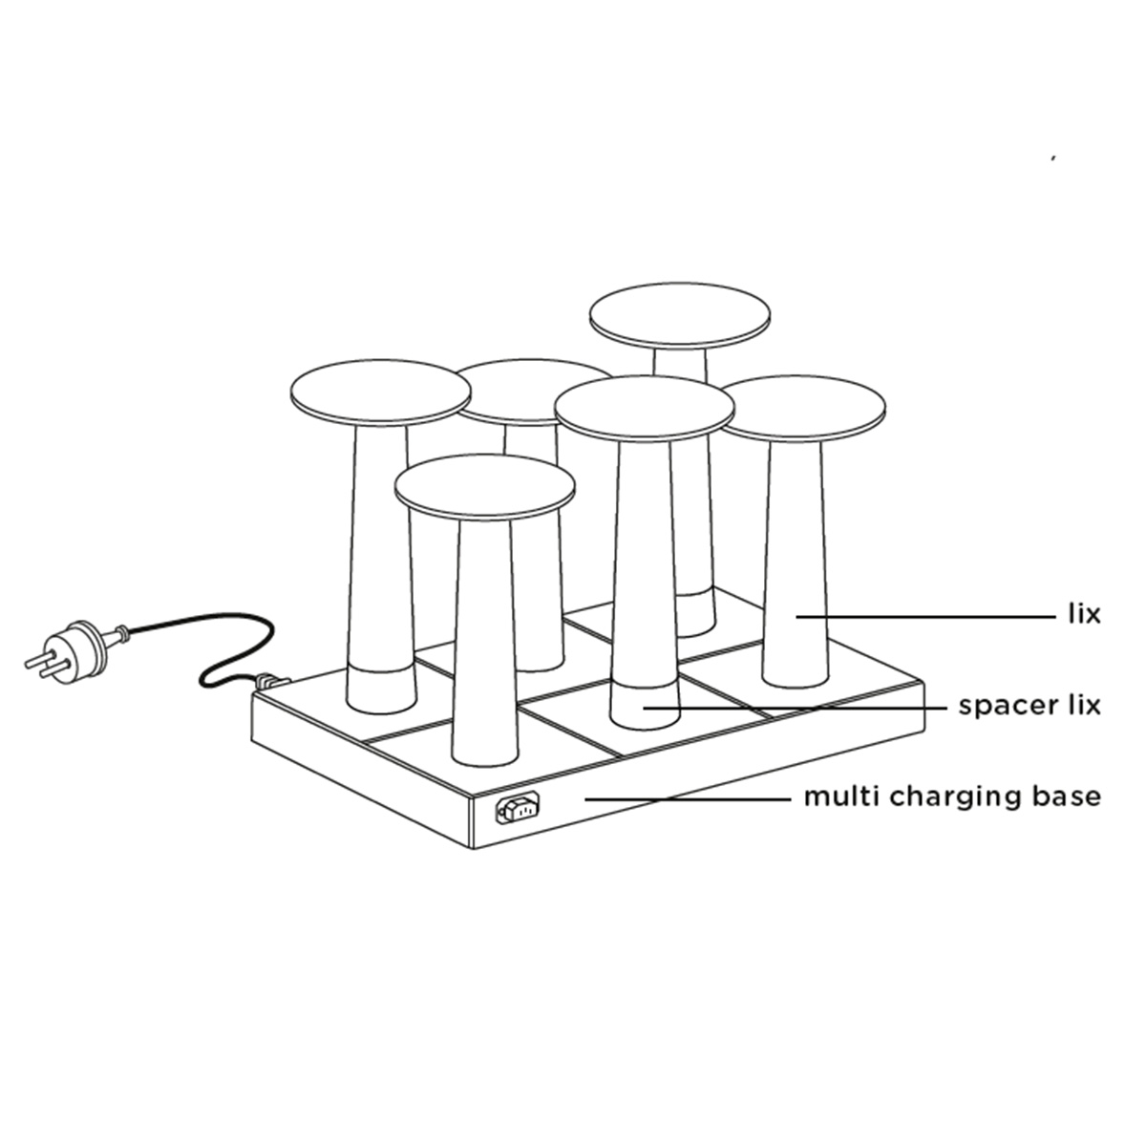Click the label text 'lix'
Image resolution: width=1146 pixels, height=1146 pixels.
coord(1084,615)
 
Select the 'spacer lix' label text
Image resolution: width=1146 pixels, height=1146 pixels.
coord(1029,706)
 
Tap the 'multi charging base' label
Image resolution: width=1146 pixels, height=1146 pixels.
coord(952,796)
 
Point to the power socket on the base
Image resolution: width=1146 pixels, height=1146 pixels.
coord(518,808)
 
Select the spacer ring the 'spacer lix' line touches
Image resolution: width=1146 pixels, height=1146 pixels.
coord(646,705)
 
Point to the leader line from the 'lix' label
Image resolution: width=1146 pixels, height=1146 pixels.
coord(924,617)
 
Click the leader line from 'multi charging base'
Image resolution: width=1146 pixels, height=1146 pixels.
coord(688,799)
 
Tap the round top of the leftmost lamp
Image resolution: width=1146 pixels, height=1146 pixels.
coord(381,393)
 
